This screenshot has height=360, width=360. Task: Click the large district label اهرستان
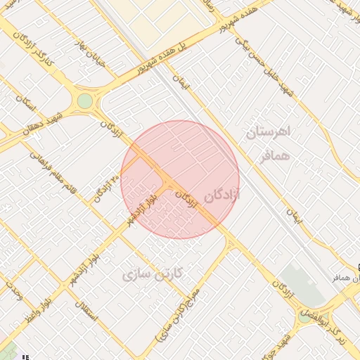click(x=270, y=133)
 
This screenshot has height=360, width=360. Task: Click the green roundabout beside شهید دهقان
click(x=85, y=101)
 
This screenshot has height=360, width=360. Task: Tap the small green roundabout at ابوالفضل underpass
click(x=304, y=315)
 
